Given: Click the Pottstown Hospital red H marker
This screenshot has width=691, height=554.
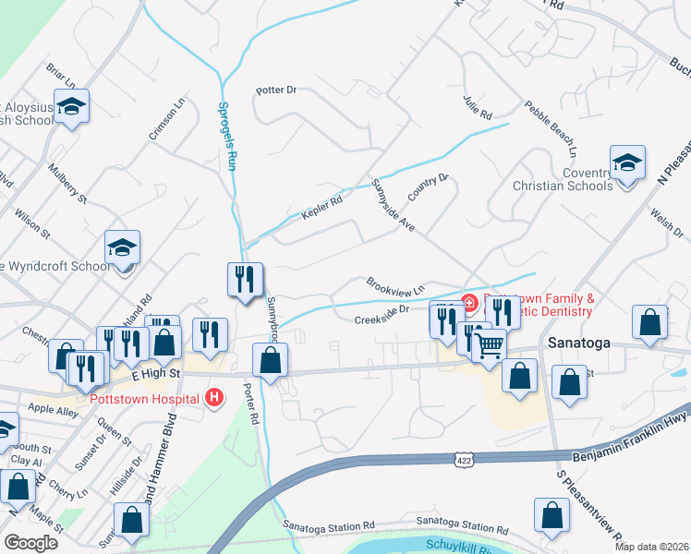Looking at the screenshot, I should [x=214, y=399].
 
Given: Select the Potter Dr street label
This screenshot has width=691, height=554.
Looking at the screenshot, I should [x=276, y=90].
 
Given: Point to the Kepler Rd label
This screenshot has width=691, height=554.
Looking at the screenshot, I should [x=321, y=207].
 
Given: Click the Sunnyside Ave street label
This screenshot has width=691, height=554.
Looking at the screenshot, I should [x=393, y=203].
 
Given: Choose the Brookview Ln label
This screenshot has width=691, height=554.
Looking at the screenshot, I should [x=394, y=285].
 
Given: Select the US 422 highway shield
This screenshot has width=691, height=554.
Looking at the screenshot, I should [x=464, y=459].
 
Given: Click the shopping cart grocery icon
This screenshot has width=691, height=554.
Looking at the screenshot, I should [x=489, y=344].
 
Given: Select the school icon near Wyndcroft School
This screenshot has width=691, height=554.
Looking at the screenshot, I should [x=122, y=247].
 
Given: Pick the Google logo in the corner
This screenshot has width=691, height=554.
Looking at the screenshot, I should [x=30, y=543].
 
